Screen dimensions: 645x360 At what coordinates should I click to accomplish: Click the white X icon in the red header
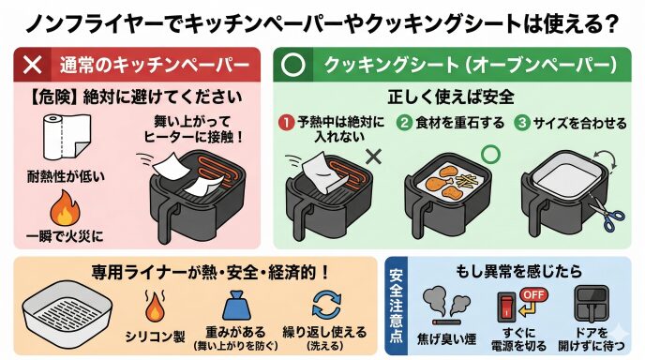coord(33,65)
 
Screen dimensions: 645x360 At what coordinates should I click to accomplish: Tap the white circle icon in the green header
coord(292,65)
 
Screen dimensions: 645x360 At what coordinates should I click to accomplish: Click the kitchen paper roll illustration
coord(67,137)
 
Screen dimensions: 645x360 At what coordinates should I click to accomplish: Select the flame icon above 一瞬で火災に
coord(65,208)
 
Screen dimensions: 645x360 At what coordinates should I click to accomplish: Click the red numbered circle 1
coord(286,123)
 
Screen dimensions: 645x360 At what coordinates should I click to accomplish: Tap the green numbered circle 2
coord(404,123)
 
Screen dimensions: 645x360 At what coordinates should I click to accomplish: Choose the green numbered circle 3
coord(522,123)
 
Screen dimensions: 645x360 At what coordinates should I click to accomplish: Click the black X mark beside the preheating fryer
coord(373,157)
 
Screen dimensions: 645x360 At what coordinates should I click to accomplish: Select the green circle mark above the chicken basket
coord(490,155)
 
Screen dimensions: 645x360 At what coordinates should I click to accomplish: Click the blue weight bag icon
coord(236,305)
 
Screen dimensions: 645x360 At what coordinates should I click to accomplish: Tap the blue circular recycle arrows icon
coord(326,305)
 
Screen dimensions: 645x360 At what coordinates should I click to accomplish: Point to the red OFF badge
coord(534,295)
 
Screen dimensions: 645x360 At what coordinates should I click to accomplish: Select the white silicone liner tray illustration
coord(67,315)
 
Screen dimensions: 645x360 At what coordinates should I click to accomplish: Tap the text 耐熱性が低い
coord(66,176)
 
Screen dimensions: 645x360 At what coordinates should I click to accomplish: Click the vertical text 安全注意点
coord(397,306)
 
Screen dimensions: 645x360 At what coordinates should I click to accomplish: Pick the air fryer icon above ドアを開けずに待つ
coord(592,305)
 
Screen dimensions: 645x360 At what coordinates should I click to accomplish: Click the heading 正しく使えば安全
coord(451,97)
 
